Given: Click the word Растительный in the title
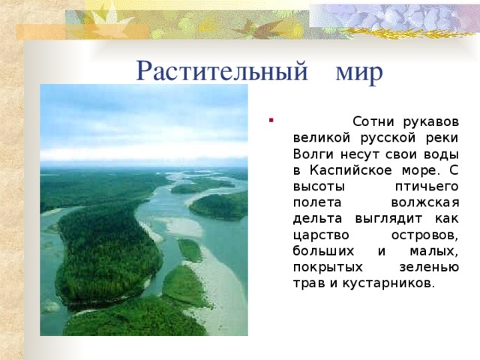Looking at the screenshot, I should pos(222,71).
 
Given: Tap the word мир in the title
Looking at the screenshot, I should pos(359,71).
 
